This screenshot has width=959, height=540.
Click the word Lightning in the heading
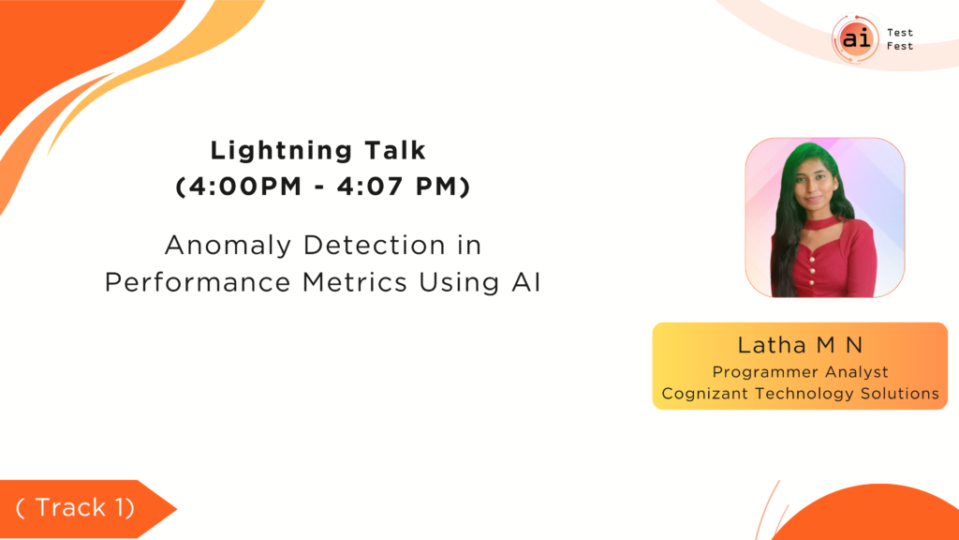281,151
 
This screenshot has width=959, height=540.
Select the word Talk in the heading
395,150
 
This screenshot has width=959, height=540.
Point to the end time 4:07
371,187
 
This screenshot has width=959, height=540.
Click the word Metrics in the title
354,282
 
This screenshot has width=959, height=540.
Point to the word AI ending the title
526,282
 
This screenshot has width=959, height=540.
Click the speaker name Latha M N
800,345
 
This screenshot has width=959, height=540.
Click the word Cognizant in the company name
705,394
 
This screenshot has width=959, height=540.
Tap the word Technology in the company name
804,394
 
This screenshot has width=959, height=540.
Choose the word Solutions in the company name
900,393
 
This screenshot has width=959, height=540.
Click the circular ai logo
856,38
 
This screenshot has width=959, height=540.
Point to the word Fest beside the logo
900,46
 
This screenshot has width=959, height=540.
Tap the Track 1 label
75,507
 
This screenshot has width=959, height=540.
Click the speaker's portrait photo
824,217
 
